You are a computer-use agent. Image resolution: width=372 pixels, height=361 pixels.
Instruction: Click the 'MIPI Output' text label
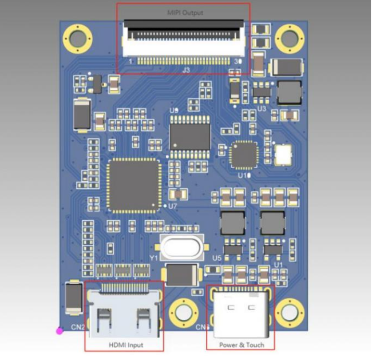(184, 12)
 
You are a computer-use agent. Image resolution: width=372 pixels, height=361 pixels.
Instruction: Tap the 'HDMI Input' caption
(125, 345)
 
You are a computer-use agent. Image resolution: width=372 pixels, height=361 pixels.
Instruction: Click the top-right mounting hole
(290, 38)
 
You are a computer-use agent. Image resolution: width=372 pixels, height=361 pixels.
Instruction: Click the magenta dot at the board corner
(59, 331)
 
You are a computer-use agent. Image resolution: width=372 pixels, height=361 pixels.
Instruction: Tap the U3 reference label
(262, 108)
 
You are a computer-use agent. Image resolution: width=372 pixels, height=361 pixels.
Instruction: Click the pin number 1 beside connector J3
(130, 61)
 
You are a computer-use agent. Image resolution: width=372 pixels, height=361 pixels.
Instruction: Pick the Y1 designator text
(153, 259)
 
